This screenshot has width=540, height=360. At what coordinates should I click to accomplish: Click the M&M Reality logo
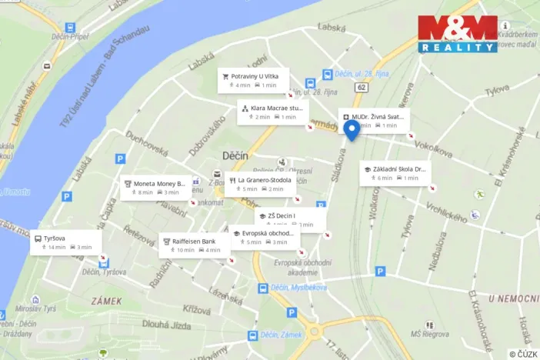(458, 33)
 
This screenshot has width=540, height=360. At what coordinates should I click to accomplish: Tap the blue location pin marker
(352, 130)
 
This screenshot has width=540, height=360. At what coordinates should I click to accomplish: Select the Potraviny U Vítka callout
(253, 80)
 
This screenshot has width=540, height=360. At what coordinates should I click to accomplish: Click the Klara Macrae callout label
(272, 112)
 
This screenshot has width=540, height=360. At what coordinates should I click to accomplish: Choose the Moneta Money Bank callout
(155, 188)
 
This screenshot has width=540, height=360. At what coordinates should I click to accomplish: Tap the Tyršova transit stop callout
(66, 242)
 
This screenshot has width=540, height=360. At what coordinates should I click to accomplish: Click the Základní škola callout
(396, 173)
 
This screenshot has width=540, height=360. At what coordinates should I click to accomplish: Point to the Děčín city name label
(235, 155)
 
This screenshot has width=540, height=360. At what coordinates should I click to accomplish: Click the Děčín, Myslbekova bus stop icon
(263, 288)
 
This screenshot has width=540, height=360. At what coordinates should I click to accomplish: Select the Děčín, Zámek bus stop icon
(252, 336)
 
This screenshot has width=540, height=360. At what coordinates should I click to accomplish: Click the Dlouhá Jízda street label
(172, 325)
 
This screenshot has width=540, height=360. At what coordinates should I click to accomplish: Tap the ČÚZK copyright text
(523, 354)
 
